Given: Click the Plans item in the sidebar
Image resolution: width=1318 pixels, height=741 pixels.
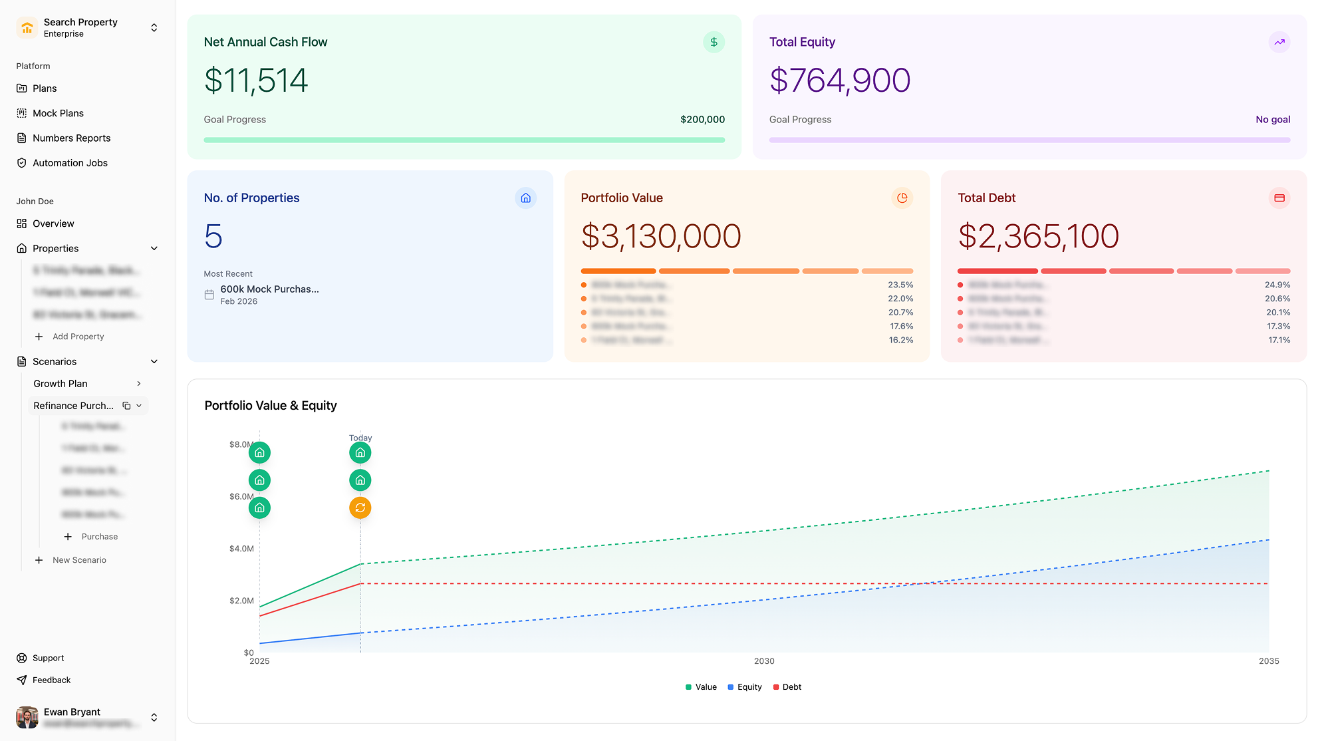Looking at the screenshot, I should [x=45, y=88].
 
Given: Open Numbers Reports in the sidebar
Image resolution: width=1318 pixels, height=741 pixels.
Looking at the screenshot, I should [x=71, y=138].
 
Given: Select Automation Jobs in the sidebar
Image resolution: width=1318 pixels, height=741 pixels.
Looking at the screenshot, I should [x=70, y=163].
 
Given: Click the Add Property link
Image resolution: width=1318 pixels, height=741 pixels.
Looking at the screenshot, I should [x=78, y=337].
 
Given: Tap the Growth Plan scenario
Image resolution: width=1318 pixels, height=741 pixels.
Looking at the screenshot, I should [x=61, y=384].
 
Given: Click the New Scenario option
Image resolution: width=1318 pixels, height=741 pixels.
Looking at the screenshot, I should [x=79, y=560].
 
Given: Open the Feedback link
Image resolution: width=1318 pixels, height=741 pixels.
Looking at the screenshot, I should [x=51, y=680].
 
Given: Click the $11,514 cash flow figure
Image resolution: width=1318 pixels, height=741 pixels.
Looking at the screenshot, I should [x=256, y=80].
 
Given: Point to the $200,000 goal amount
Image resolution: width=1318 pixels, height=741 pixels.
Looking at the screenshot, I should [x=702, y=120].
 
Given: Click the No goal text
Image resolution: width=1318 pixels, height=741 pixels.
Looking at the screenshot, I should [x=1273, y=120].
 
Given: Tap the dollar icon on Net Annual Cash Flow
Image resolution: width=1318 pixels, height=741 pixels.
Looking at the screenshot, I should [x=714, y=43].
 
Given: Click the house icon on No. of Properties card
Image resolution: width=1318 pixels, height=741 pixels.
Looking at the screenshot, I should [x=525, y=198].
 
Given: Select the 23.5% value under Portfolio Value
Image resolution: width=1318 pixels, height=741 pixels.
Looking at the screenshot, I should [x=900, y=285].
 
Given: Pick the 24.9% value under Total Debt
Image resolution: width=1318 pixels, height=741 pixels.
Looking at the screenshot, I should [x=1277, y=285].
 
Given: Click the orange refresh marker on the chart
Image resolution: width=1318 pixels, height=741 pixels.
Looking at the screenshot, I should [x=360, y=508].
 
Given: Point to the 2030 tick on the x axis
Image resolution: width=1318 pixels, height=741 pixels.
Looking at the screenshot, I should [x=764, y=661].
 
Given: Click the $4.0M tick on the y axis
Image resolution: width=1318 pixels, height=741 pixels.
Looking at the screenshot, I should [x=241, y=549].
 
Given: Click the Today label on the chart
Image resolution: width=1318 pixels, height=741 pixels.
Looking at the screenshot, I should [x=360, y=438].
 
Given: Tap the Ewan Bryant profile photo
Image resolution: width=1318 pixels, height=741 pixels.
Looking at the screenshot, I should [x=27, y=717].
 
